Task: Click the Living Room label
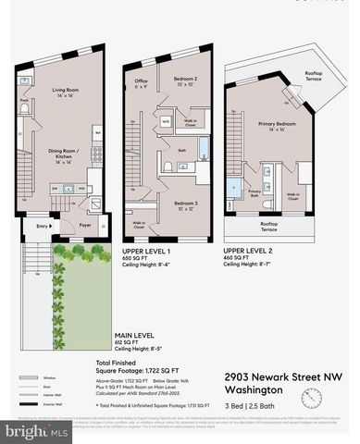(x=64, y=92)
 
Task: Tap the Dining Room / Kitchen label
(x=64, y=154)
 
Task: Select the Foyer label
(x=83, y=223)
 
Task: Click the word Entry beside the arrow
(x=42, y=225)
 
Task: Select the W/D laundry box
(x=165, y=122)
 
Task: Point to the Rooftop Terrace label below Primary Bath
(x=269, y=226)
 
